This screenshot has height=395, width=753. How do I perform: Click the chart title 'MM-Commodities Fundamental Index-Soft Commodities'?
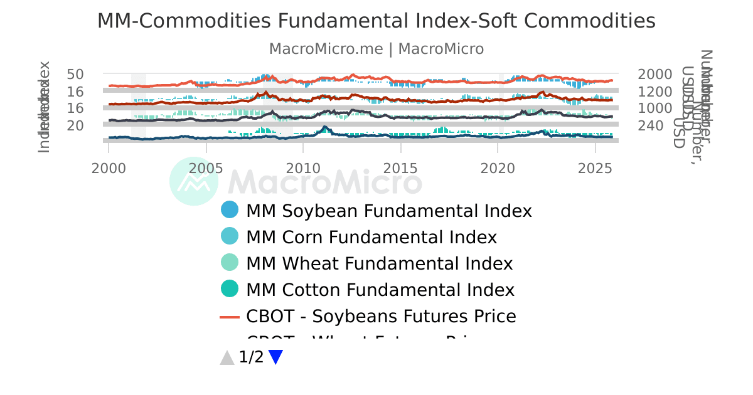376,21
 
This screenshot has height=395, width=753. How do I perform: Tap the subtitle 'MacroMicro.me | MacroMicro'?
376,49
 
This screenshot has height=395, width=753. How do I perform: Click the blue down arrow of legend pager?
275,357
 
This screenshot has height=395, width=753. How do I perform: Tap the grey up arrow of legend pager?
227,357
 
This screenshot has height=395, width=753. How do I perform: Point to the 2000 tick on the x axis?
109,169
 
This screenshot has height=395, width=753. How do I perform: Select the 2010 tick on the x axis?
303,169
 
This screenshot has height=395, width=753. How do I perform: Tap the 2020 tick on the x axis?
498,169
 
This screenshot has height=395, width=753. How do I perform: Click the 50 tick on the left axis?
75,74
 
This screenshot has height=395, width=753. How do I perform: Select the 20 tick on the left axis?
75,125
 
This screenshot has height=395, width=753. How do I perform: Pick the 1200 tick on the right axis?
654,92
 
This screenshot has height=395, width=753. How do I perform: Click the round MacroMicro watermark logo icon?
194,181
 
